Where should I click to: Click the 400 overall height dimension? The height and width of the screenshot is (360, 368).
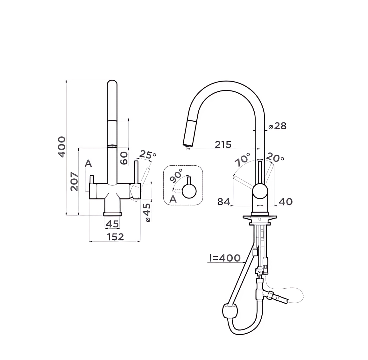62,147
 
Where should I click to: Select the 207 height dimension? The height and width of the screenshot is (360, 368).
74,182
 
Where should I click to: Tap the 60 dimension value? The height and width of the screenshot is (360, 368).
124,158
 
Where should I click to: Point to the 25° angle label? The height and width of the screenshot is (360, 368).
147,155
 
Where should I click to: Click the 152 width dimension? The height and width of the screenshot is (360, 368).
116,237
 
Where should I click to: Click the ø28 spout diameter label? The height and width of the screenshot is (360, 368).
277,126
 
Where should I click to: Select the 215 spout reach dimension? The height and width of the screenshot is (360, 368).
223,145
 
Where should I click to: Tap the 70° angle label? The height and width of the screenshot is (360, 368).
243,160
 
